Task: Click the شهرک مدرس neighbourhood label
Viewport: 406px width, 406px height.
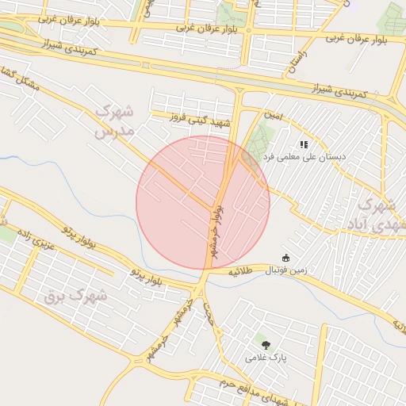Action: point(116,121)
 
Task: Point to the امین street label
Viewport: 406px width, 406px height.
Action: point(273,116)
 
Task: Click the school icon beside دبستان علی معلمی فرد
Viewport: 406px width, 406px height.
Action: point(303,144)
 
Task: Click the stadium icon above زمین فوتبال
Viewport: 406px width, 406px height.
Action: point(285,258)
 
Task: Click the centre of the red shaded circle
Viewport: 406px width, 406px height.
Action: point(203,203)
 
